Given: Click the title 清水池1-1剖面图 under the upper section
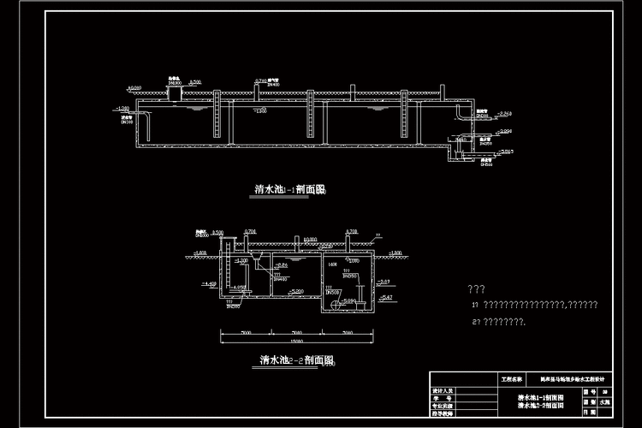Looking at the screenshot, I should click(x=291, y=190).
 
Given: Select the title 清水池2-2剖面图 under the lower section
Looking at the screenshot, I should click(x=296, y=361).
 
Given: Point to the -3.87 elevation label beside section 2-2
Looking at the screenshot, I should click(x=384, y=282).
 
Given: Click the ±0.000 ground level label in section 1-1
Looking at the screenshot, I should click(x=134, y=87).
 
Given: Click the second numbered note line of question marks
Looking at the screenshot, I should click(x=500, y=321).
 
